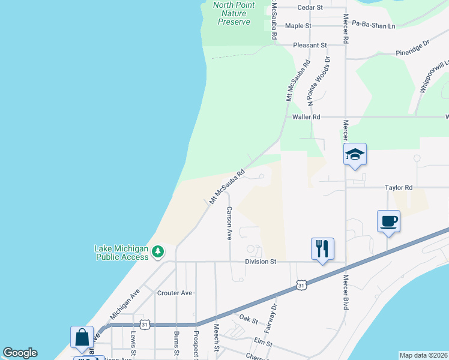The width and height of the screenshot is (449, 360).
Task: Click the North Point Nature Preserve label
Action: tap(234, 13)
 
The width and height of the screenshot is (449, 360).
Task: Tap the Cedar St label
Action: tap(310, 7)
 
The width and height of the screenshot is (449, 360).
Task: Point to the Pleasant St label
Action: tap(310, 45)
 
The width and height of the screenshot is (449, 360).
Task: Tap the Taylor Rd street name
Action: tap(400, 188)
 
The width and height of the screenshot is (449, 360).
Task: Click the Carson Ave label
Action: tap(229, 223)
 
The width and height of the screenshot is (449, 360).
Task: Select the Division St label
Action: tap(260, 262)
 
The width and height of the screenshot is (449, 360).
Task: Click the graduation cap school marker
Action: tap(355, 154)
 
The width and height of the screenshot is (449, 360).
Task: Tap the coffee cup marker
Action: tap(388, 221)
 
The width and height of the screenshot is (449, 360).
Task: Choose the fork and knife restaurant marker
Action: tap(322, 248)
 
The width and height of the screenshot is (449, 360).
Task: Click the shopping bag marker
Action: tap(82, 337)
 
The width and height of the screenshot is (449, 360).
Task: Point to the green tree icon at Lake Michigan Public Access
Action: tap(158, 251)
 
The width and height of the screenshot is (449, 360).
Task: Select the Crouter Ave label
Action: tap(175, 293)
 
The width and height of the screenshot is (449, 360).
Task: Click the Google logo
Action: tap(20, 353)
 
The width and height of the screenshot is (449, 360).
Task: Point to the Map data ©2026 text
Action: tap(423, 355)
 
